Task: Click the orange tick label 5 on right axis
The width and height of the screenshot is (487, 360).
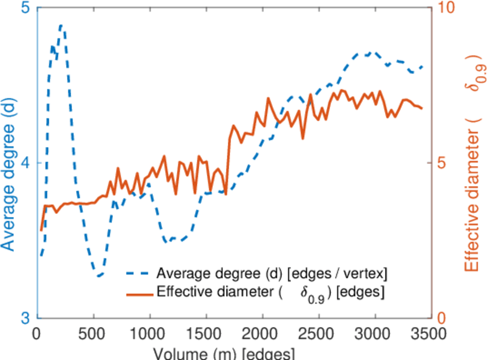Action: tap(442, 163)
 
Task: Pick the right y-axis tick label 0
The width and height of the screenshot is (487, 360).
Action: tap(442, 317)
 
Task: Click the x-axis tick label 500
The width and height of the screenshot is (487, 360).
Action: tap(94, 334)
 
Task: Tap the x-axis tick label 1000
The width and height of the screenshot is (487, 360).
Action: tap(149, 334)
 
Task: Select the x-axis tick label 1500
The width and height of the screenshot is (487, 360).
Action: tap(206, 334)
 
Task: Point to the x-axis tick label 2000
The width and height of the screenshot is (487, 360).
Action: tap(262, 334)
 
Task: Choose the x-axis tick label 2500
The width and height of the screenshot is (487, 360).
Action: tap(318, 334)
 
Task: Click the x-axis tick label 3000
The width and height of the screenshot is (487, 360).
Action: tap(375, 334)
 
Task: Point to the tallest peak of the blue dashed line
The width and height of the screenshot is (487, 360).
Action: tap(61, 26)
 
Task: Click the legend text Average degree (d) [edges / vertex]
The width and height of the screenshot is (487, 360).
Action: tap(272, 274)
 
